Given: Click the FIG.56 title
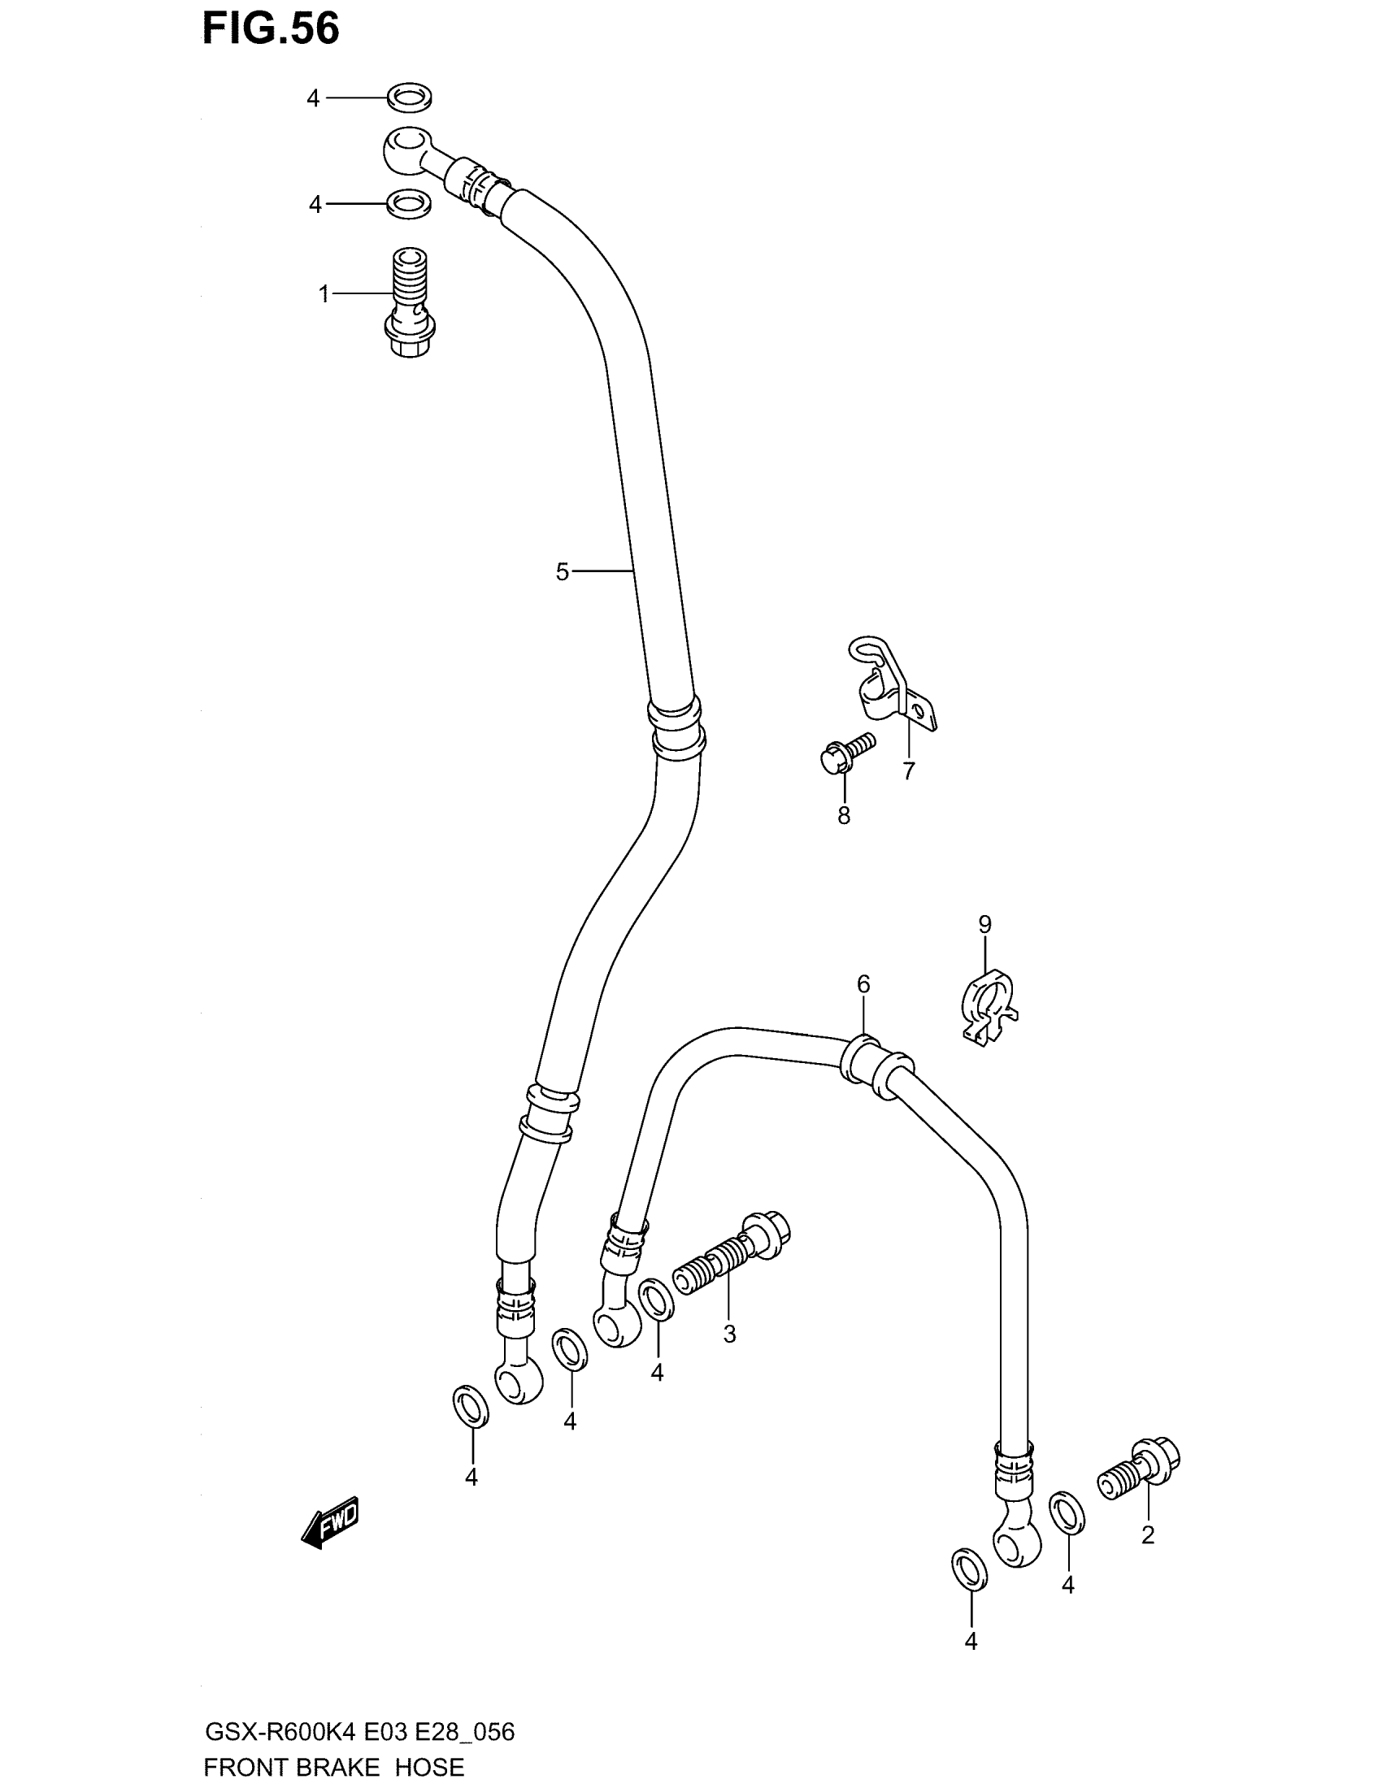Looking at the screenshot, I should [x=271, y=29].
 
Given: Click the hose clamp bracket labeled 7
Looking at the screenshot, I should [x=890, y=686].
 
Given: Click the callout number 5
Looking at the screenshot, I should [x=562, y=572].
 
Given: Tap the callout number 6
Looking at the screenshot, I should [x=863, y=984].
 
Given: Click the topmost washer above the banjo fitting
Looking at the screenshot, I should [x=411, y=98].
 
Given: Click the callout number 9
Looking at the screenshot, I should [x=984, y=925].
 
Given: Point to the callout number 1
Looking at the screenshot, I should [x=324, y=294].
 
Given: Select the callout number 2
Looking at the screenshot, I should [x=1148, y=1535].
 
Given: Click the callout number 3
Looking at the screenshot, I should [x=729, y=1334].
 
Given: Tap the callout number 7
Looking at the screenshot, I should [x=909, y=771].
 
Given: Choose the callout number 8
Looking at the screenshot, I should [x=843, y=815].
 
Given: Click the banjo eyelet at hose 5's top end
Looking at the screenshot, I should [x=406, y=149].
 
